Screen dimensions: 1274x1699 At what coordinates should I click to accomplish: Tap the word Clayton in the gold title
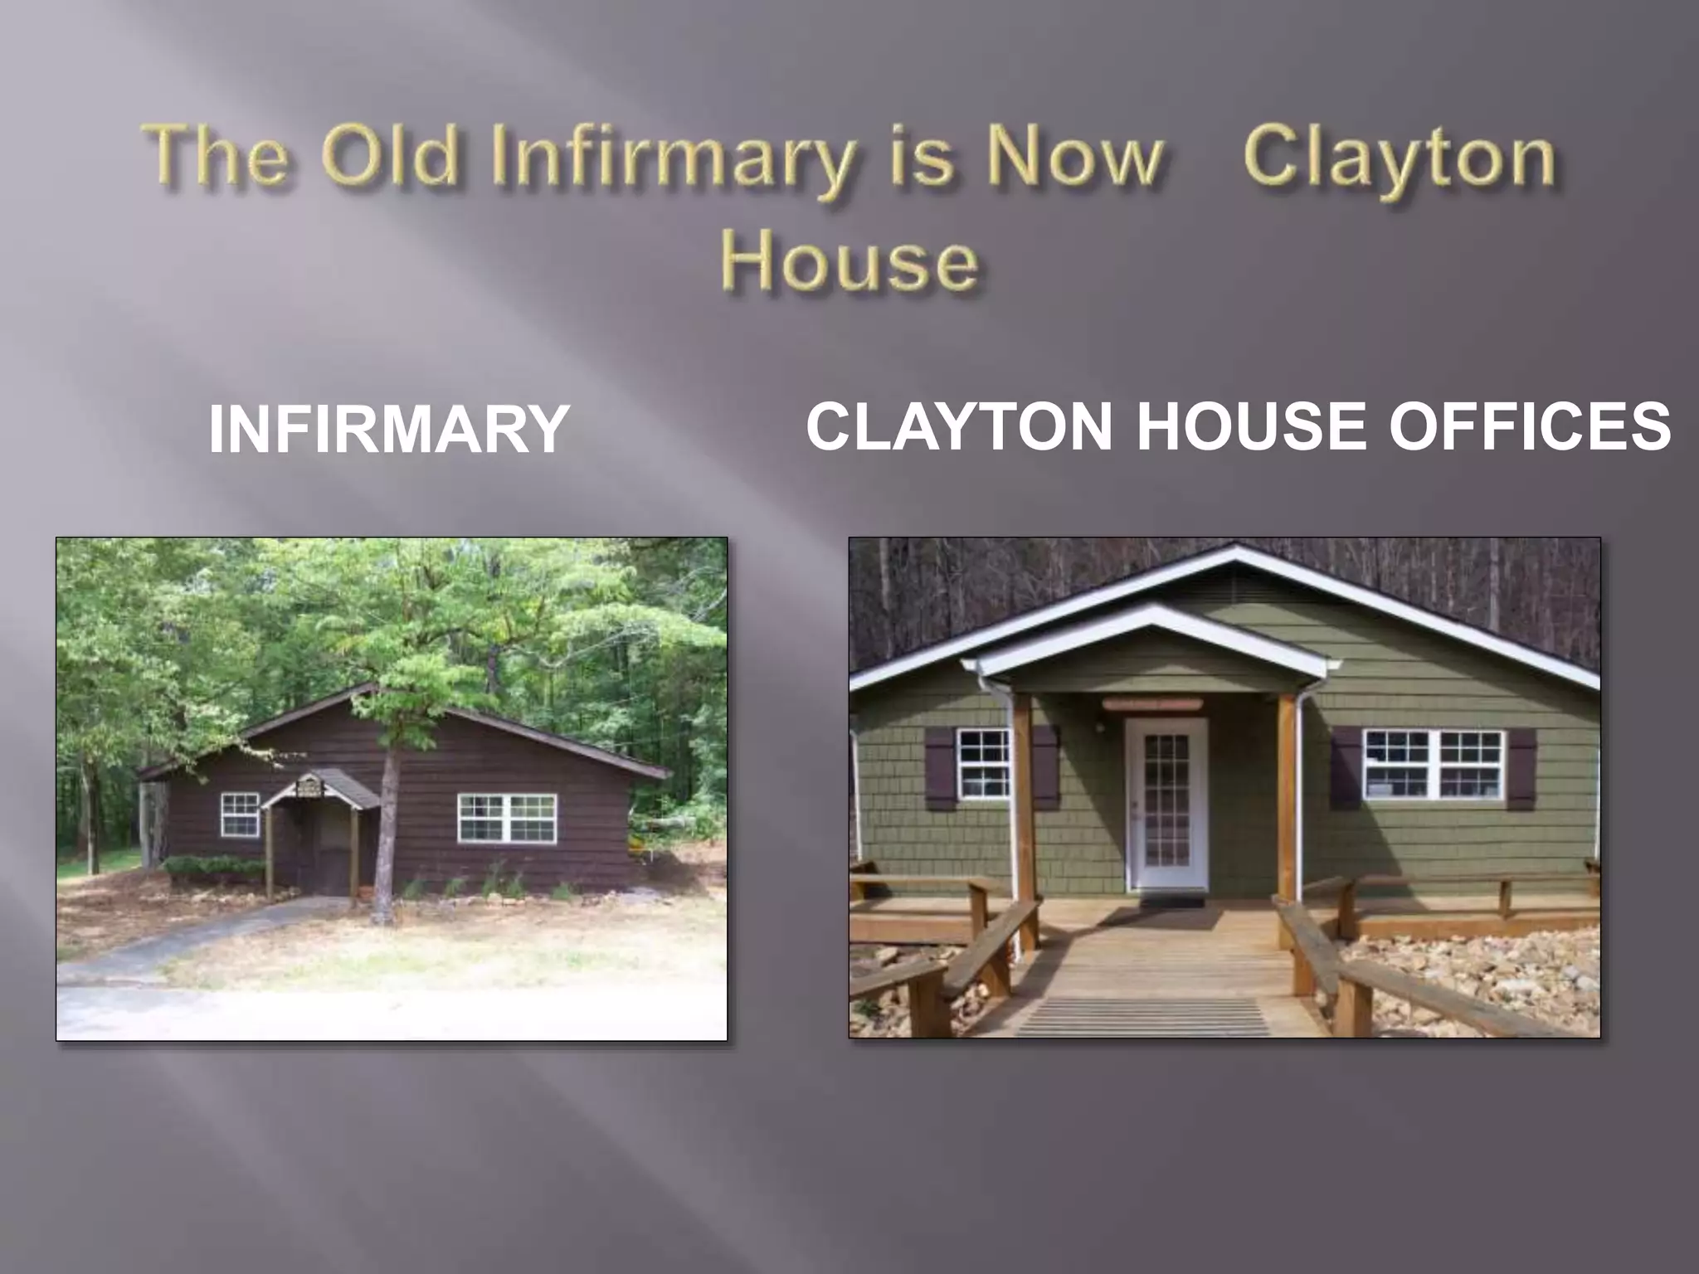click(x=1398, y=158)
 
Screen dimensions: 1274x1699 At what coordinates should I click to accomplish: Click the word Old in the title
click(x=390, y=158)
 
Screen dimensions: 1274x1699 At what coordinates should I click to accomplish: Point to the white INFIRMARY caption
click(x=388, y=429)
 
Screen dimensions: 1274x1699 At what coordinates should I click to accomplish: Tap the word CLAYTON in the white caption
click(x=958, y=426)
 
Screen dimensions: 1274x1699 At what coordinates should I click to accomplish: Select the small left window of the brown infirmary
click(x=240, y=814)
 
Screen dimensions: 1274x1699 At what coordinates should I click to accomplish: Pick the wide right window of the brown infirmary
click(x=507, y=818)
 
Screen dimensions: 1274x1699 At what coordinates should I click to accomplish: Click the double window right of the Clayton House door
click(x=1434, y=765)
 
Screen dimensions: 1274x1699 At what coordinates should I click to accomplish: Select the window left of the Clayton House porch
click(x=983, y=764)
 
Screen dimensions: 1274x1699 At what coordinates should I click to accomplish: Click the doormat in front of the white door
click(x=1171, y=901)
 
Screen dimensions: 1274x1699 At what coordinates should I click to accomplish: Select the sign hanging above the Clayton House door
click(x=1152, y=703)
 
